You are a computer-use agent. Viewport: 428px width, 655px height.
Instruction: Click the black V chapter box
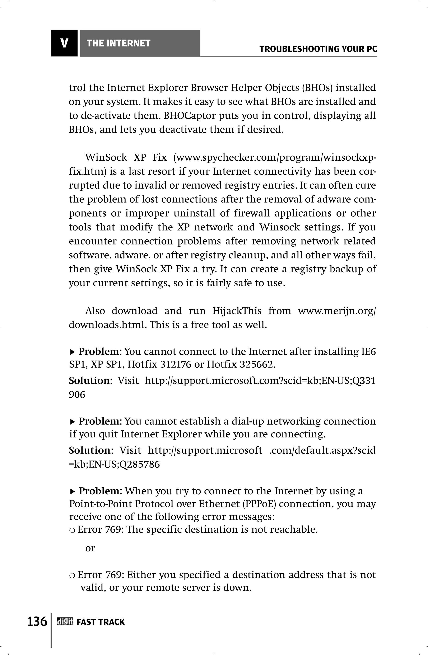64,43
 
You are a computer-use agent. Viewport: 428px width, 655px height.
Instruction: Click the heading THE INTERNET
118,43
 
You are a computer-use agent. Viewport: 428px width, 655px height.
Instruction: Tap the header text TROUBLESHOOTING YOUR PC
318,49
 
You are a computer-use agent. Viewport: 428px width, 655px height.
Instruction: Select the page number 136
37,621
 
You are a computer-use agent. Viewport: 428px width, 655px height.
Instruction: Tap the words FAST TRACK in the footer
100,622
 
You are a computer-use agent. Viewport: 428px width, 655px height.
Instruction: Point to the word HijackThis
237,311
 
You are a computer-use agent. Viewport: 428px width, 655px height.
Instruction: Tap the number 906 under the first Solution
77,395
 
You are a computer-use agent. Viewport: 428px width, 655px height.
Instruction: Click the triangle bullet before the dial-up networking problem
72,422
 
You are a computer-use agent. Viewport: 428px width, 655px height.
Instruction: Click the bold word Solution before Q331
89,381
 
